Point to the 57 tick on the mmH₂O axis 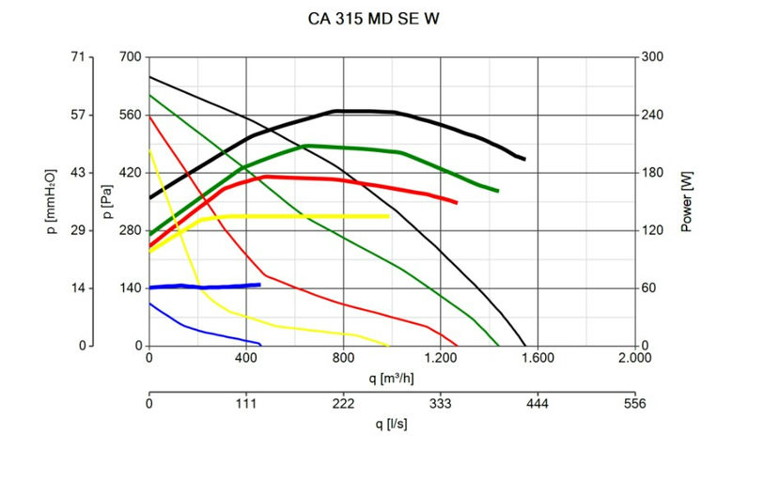click(77, 116)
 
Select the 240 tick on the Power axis click(653, 116)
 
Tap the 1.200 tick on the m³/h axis click(440, 359)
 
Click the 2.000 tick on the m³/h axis click(634, 359)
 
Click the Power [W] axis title click(687, 201)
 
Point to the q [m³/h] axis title click(392, 378)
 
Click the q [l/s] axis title click(392, 424)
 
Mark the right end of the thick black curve click(523, 159)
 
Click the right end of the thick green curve click(497, 191)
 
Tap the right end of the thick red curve click(456, 202)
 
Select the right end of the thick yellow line click(388, 216)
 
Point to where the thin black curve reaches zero click(525, 345)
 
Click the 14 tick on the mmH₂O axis click(79, 287)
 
